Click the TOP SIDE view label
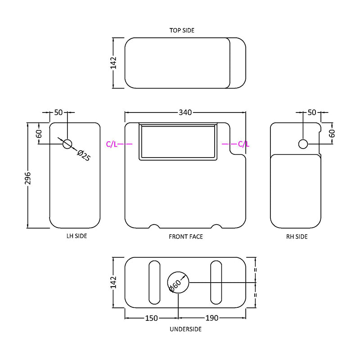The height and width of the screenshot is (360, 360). click(x=182, y=30)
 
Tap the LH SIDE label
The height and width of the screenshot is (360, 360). click(x=76, y=236)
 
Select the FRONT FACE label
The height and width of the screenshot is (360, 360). click(x=186, y=237)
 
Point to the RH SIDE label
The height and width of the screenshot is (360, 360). click(x=297, y=237)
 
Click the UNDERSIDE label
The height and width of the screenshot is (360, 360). click(x=185, y=329)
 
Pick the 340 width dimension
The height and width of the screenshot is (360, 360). click(x=185, y=112)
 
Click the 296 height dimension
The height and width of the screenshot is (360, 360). click(x=28, y=178)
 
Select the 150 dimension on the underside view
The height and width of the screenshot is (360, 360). click(x=152, y=318)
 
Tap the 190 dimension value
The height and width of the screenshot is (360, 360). click(x=211, y=318)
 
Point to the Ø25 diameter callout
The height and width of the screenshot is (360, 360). click(x=84, y=155)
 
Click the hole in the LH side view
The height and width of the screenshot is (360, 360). click(x=67, y=144)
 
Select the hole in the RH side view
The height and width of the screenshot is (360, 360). click(x=303, y=144)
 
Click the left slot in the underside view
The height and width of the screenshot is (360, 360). click(x=154, y=283)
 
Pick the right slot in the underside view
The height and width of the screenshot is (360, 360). click(x=216, y=283)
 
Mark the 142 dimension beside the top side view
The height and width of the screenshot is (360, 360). click(x=113, y=63)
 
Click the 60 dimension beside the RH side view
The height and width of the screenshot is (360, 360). click(x=332, y=133)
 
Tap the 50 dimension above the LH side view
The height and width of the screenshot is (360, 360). click(x=58, y=112)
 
